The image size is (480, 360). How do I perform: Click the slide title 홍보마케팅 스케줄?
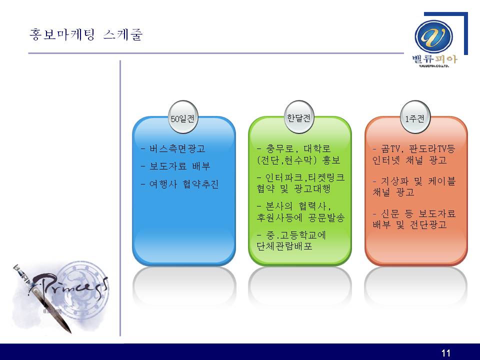point(86,34)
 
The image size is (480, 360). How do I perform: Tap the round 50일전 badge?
point(183,117)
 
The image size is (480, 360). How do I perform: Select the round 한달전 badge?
point(299,117)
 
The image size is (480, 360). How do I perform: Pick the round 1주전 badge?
point(415,117)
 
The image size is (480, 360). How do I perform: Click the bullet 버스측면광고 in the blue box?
point(177,149)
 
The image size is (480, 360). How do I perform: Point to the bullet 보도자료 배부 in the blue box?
point(179,166)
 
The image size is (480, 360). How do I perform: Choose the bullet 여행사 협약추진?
point(184,184)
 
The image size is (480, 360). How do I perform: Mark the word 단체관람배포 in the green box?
point(284,246)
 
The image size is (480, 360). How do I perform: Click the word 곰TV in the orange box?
point(390,149)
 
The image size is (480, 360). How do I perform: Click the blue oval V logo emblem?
point(433,36)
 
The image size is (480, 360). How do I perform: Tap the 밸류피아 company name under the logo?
point(434,59)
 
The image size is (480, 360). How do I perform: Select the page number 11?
point(445,353)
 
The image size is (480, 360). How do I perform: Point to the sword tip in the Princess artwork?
point(70,332)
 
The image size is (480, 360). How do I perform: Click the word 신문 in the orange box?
point(390,213)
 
